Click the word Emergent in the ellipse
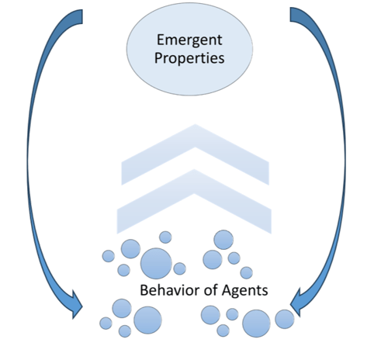pyautogui.click(x=189, y=40)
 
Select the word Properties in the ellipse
pyautogui.click(x=189, y=58)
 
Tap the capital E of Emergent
pyautogui.click(x=161, y=40)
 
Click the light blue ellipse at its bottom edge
pyautogui.click(x=189, y=95)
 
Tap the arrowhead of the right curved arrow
pyautogui.click(x=296, y=303)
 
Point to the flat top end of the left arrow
pyautogui.click(x=82, y=16)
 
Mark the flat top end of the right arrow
pyautogui.click(x=290, y=15)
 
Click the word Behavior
pyautogui.click(x=170, y=290)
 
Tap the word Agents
pyautogui.click(x=244, y=291)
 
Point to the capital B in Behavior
pyautogui.click(x=144, y=290)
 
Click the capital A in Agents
pyautogui.click(x=227, y=290)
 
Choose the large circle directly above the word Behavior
pyautogui.click(x=156, y=264)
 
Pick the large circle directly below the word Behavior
pyautogui.click(x=147, y=320)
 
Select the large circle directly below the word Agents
pyautogui.click(x=256, y=324)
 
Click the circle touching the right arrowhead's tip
pyautogui.click(x=285, y=319)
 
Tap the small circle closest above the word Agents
pyautogui.click(x=246, y=272)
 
